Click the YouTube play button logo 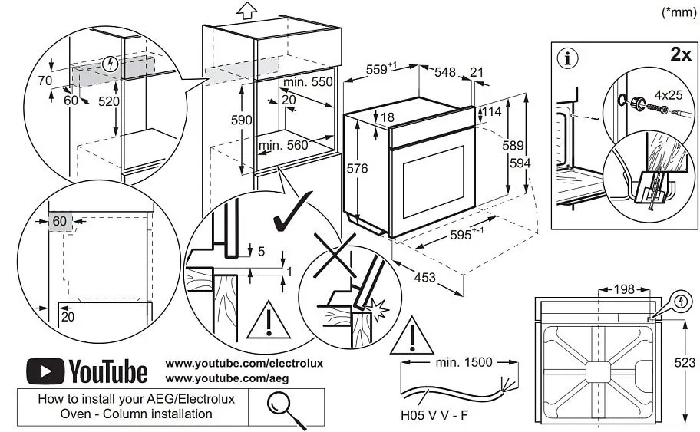click(x=45, y=372)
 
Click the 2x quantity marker click(x=679, y=56)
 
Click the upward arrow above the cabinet click(x=246, y=11)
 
